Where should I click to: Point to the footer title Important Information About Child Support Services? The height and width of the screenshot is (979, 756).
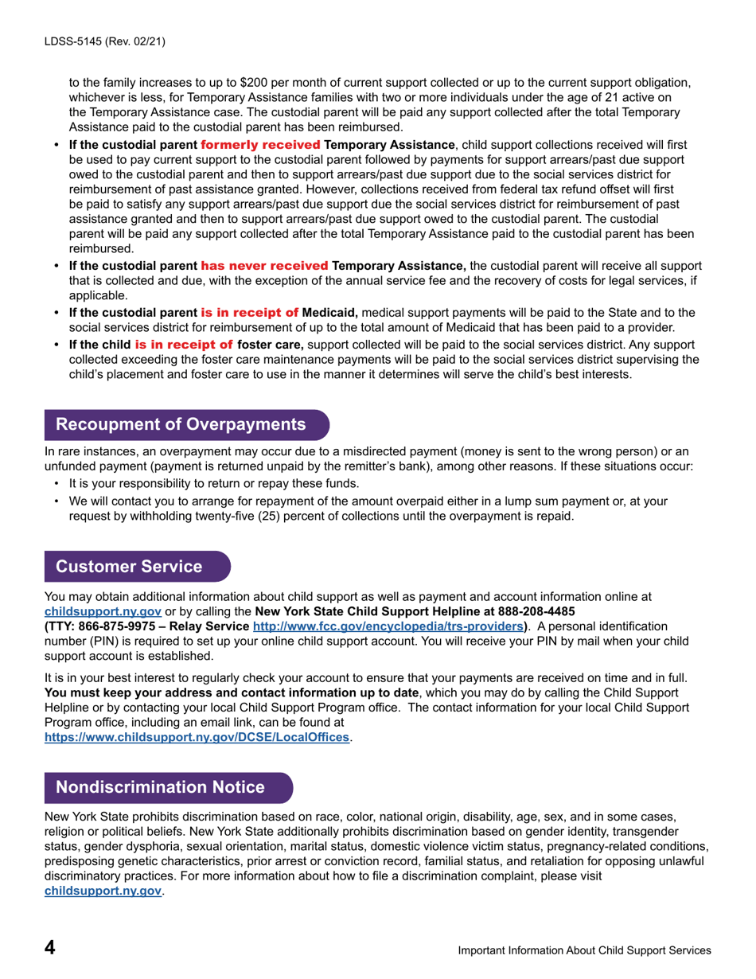coord(584,950)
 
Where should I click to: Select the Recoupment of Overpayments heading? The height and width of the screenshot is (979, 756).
coord(181,424)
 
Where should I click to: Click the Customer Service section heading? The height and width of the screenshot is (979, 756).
coord(129,566)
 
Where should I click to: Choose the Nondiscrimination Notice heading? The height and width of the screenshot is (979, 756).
coord(160,787)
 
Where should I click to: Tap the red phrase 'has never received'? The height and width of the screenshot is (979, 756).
coord(265,265)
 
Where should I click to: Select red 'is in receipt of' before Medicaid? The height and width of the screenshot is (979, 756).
coord(249,311)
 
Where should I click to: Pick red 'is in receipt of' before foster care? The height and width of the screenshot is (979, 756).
coord(184,345)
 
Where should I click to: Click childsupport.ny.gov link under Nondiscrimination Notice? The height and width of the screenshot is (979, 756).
coord(103,891)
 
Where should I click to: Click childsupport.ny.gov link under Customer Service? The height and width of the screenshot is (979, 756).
coord(103,612)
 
